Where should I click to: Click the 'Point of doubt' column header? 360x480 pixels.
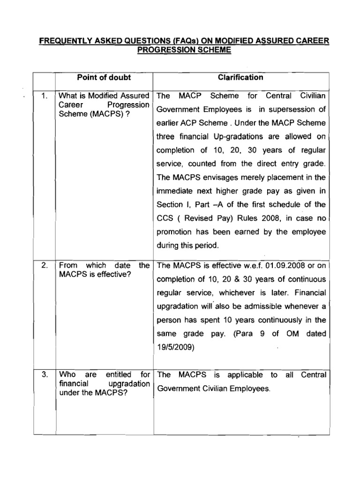pos(104,77)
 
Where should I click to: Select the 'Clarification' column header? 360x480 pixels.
pos(243,77)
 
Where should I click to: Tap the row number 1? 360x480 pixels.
pos(45,96)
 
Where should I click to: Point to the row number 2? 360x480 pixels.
pos(45,265)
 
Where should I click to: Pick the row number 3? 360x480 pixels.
pos(45,375)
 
